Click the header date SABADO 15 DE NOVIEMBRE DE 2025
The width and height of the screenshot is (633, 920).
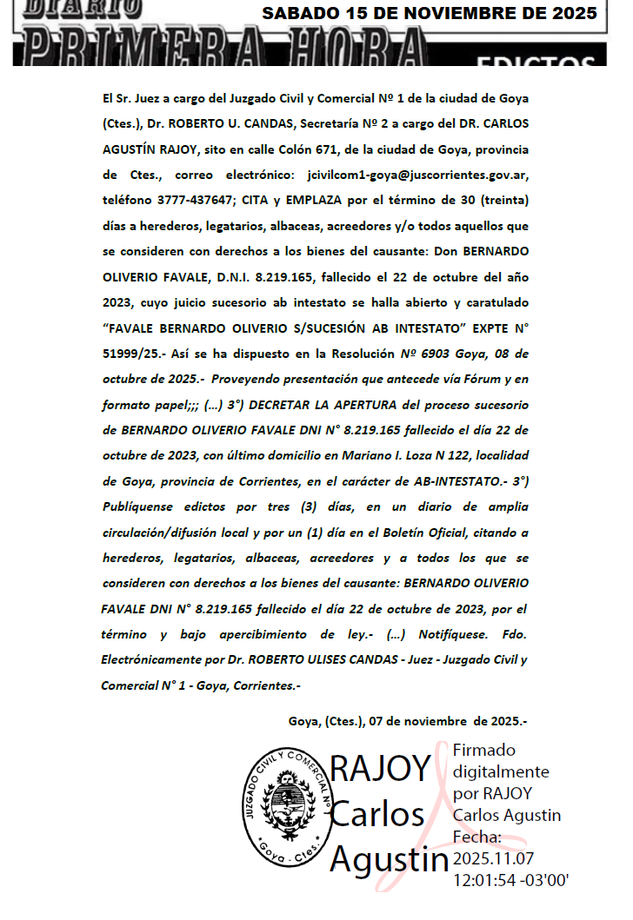tap(430, 13)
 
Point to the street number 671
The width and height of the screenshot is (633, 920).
tap(336, 149)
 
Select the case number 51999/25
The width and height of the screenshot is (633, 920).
tap(129, 354)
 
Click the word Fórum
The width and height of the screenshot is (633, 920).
tap(446, 379)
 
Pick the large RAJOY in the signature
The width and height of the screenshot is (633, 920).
tap(381, 769)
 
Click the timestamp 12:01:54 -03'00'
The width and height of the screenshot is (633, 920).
tap(511, 880)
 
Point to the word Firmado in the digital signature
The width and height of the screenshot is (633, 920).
tap(484, 750)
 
